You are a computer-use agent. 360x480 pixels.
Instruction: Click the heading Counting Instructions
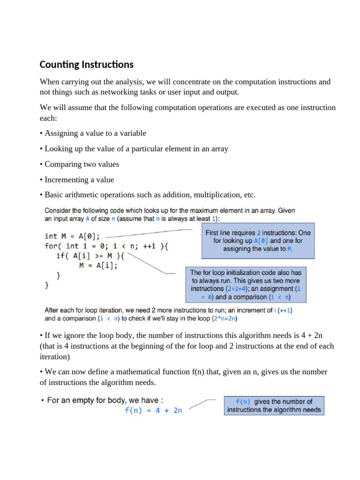[x=86, y=65]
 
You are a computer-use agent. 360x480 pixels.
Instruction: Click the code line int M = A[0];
[x=72, y=236]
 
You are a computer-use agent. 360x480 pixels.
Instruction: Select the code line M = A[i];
[x=98, y=265]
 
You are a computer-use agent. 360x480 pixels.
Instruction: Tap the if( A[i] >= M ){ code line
[x=91, y=255]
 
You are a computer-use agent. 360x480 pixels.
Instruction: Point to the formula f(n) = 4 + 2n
[x=153, y=410]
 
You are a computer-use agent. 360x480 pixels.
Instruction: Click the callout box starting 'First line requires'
[x=257, y=240]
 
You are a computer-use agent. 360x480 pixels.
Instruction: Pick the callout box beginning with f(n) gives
[x=274, y=405]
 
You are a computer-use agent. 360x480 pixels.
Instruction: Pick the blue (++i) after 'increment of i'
[x=285, y=310]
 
